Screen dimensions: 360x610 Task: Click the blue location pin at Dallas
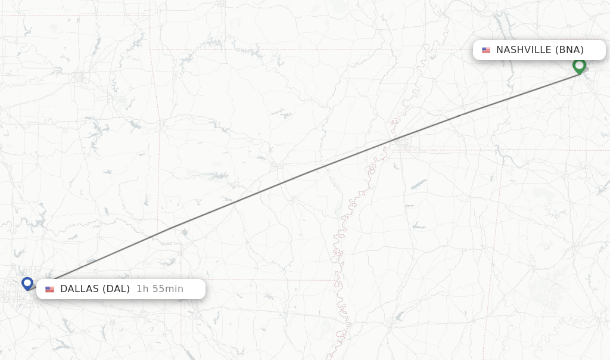(x=27, y=283)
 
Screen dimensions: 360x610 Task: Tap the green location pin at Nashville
(x=579, y=66)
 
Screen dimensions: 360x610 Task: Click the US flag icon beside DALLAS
(x=49, y=290)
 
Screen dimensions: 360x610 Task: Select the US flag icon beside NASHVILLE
(x=486, y=50)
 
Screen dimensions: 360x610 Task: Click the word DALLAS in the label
(x=79, y=289)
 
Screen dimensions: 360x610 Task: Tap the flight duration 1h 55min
(x=160, y=289)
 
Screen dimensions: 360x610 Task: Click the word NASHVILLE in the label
(x=524, y=50)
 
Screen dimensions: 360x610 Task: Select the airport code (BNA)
(x=569, y=50)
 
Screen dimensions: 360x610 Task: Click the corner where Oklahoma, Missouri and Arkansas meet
(x=150, y=49)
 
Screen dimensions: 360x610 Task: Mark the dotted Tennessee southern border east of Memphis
(x=453, y=150)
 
